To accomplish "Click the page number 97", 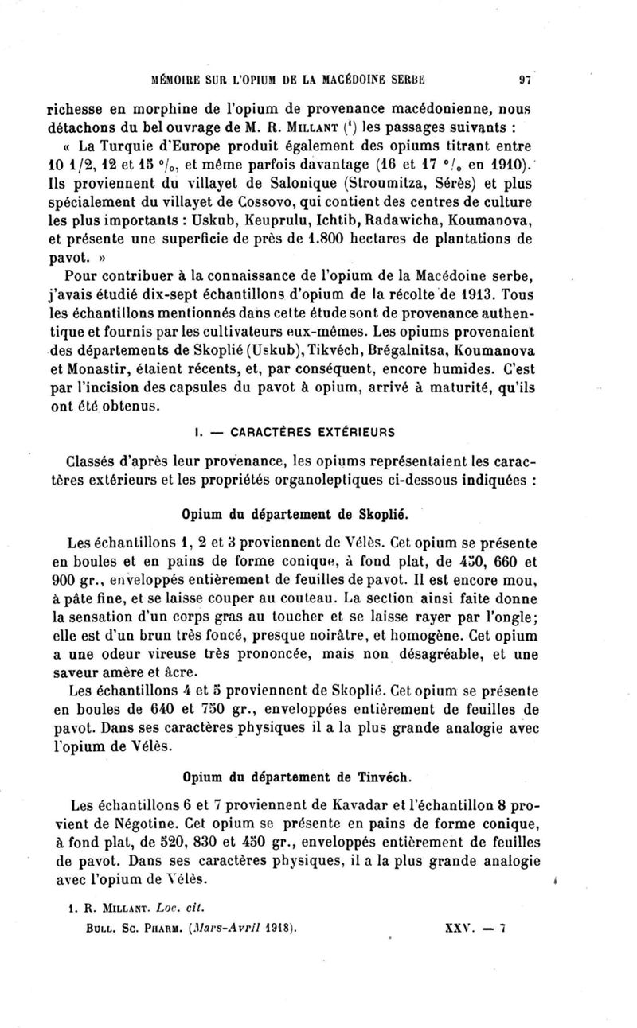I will (525, 79).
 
